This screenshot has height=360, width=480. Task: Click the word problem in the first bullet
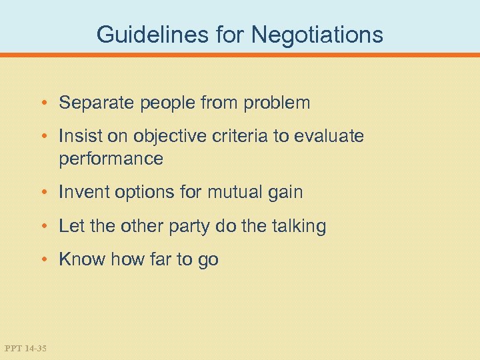277,103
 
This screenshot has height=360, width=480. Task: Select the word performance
111,159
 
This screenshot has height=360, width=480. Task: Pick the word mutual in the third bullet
231,193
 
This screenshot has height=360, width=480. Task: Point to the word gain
285,193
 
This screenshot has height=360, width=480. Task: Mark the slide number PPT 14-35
25,347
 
